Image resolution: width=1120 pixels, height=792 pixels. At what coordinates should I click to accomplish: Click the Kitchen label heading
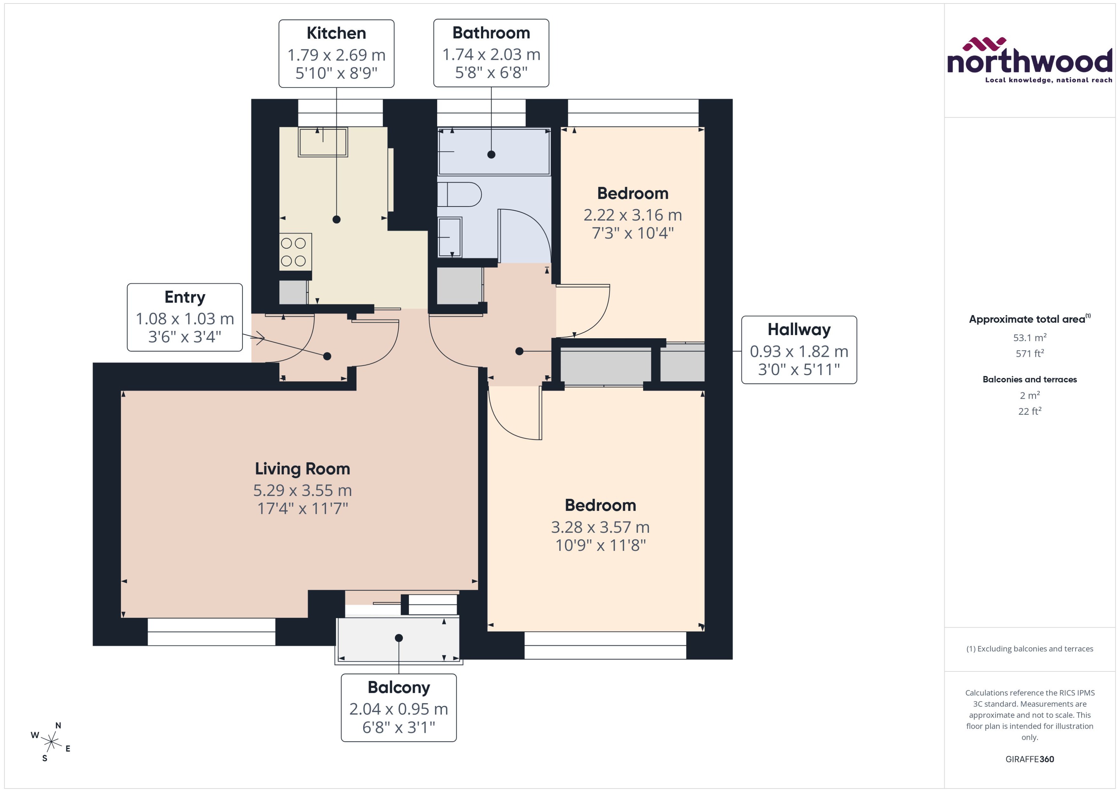coord(336,33)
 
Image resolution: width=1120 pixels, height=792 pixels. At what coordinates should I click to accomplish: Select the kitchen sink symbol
coord(323,142)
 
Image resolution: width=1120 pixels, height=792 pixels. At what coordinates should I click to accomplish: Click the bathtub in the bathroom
coord(494,151)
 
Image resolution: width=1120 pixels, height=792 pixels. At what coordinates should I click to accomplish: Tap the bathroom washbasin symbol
coord(450,237)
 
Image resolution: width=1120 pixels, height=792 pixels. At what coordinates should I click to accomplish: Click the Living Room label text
coord(302,469)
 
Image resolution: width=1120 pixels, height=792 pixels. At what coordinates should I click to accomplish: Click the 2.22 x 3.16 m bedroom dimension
coord(632,215)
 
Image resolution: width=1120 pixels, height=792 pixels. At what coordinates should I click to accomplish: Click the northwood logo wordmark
coord(1030,62)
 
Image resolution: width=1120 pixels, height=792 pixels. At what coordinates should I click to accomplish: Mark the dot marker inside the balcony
coord(399,638)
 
